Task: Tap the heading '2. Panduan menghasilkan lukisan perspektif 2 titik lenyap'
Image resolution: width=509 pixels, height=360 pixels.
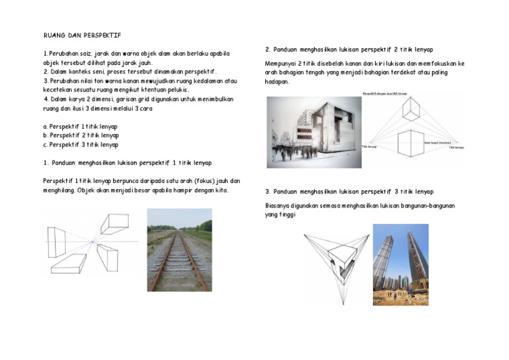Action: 349,50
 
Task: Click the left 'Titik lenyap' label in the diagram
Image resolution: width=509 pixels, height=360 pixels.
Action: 368,147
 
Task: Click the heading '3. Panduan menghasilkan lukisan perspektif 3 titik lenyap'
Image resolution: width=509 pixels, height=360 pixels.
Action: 349,192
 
